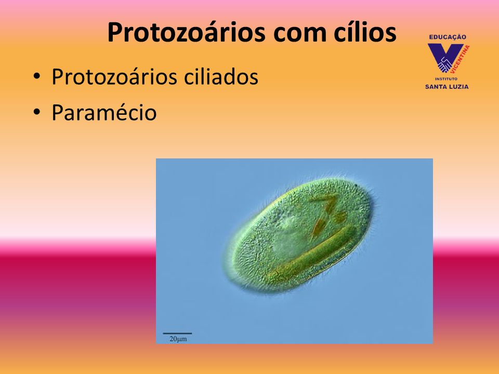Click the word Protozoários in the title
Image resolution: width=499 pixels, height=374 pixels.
coord(186,33)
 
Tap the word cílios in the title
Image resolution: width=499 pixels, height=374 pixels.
coord(365,32)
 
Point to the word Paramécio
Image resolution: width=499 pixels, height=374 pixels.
coord(104,112)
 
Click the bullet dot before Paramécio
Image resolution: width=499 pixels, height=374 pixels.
coord(37,112)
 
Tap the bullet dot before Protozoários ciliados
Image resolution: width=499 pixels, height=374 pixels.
coord(37,77)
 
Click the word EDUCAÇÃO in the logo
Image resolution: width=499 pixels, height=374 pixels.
coord(448,37)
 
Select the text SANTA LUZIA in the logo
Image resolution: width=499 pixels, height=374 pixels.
coord(447,87)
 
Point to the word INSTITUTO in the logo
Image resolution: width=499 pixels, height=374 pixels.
coord(446,78)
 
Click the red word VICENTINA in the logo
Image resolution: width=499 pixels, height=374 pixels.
coord(461,59)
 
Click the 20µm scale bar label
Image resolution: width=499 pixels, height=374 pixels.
coord(178,339)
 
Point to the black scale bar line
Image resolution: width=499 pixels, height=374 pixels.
coord(177,333)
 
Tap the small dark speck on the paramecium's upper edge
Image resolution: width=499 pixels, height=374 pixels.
coord(356,185)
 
